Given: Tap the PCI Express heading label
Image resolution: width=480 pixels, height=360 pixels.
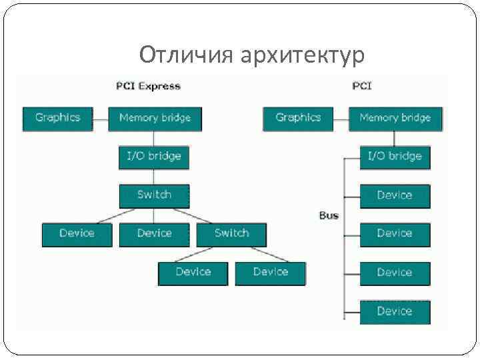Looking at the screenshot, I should click(x=148, y=86).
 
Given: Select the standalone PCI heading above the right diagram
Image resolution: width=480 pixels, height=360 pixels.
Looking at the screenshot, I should click(x=362, y=86).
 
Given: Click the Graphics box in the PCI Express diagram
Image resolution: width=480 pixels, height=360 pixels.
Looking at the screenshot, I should click(x=58, y=119).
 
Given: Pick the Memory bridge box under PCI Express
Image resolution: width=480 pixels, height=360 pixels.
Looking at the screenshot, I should click(x=155, y=119).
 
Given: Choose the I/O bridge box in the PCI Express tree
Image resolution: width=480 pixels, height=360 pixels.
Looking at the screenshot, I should click(x=153, y=157).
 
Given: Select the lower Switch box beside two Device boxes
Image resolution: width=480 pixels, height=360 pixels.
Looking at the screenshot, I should click(x=231, y=234).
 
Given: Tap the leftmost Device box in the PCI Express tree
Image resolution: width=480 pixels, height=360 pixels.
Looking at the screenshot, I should click(x=77, y=234).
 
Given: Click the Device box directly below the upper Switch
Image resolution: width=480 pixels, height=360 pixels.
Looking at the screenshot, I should click(x=154, y=234).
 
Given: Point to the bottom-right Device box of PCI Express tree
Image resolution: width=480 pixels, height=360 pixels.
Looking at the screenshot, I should click(x=271, y=273).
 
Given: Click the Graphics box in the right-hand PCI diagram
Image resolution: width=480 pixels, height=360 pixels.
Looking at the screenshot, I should click(x=298, y=119).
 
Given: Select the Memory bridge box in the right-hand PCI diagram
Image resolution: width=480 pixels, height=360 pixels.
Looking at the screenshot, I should click(x=395, y=119).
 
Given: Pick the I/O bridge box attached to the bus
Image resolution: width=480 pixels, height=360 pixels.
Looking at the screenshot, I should click(x=395, y=157).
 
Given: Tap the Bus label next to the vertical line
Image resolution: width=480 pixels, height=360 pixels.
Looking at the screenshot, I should click(x=329, y=216).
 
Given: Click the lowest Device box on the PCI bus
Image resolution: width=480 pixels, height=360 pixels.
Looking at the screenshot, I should click(x=395, y=312).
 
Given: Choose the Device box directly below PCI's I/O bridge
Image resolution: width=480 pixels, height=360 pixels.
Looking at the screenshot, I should click(x=395, y=196).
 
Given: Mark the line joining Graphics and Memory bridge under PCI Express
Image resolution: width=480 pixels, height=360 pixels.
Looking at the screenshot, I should click(x=100, y=119).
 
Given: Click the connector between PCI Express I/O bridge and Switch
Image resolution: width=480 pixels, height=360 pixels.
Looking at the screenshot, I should click(x=154, y=177).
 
